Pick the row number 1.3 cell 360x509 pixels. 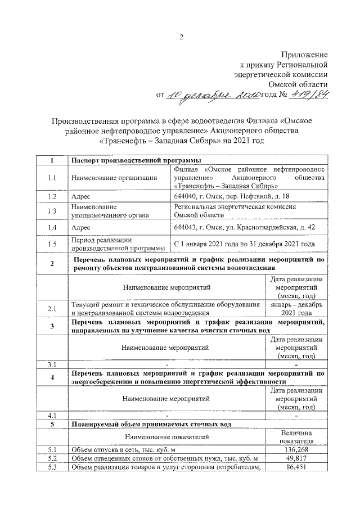click(x=52, y=211)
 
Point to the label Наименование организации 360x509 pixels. click(x=114, y=178)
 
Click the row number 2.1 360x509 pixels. click(x=52, y=309)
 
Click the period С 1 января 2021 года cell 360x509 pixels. click(x=244, y=244)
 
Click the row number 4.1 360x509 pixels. click(x=52, y=416)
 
